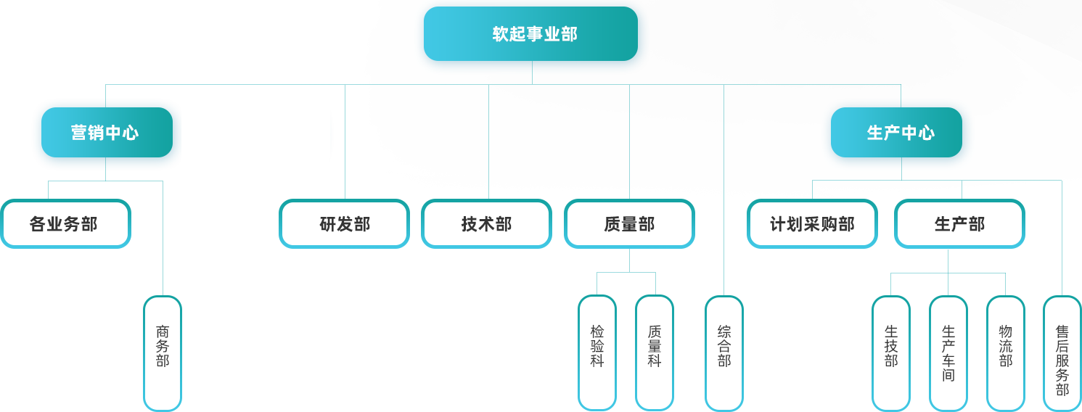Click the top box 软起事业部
(x=531, y=34)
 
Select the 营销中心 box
(x=106, y=133)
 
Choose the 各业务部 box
(x=65, y=224)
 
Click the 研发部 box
(x=344, y=224)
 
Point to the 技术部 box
(x=486, y=224)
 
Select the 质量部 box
(x=629, y=224)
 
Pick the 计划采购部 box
(x=812, y=224)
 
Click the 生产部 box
(x=959, y=224)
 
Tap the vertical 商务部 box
(x=163, y=353)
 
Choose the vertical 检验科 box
(x=597, y=353)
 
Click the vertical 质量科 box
(x=655, y=353)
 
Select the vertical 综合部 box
(x=724, y=353)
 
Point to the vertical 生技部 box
(x=891, y=353)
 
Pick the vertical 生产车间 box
(x=948, y=353)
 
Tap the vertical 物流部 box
(x=1006, y=353)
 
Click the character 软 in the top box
(x=499, y=34)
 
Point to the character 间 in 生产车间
(x=948, y=375)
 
